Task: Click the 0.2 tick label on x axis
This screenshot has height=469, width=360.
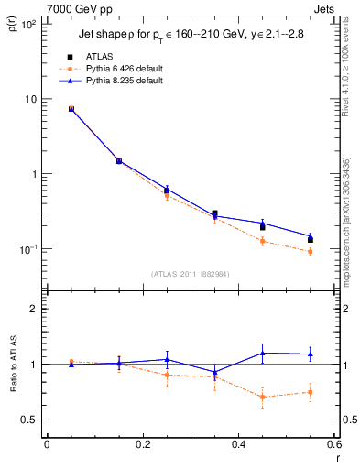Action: tap(142, 445)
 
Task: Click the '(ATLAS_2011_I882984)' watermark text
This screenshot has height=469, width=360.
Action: tap(190, 273)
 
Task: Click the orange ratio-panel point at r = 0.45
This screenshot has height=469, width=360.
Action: tap(262, 397)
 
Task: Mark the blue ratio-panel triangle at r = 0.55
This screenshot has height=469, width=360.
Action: tap(311, 354)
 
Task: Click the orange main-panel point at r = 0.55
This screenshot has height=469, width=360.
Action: tap(311, 251)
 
